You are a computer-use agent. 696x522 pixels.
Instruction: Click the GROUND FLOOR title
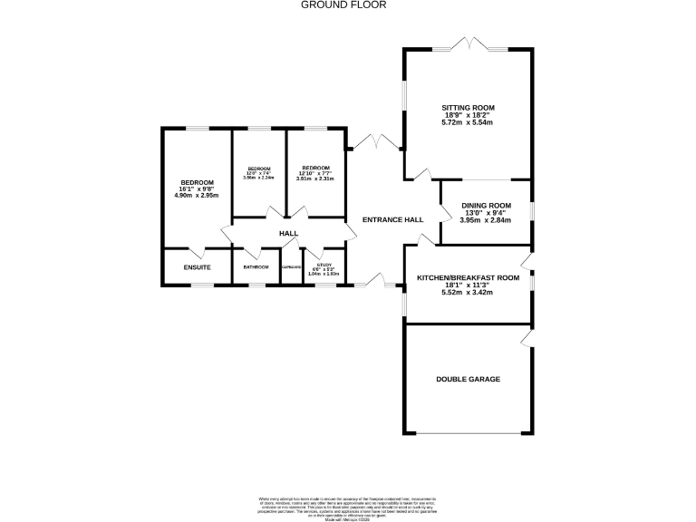tap(343, 5)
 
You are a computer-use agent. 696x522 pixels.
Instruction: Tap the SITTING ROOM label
tap(468, 108)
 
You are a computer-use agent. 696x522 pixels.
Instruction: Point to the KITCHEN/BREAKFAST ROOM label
tap(468, 277)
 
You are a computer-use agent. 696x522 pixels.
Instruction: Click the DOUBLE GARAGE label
tap(468, 379)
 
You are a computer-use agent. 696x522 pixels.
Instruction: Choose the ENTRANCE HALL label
tap(392, 220)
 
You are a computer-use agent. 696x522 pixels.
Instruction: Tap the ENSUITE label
tap(197, 267)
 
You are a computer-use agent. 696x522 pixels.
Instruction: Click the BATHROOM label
tap(256, 267)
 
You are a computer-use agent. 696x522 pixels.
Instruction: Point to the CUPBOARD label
tap(291, 267)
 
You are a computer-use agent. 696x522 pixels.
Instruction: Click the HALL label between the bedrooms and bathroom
tap(288, 234)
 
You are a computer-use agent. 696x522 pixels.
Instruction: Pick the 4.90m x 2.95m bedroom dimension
tap(197, 194)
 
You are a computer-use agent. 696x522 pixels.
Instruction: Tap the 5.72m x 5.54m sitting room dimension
tap(468, 122)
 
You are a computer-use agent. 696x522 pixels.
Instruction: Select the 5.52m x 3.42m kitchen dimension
tap(468, 292)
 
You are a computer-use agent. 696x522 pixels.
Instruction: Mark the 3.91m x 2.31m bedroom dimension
tap(315, 179)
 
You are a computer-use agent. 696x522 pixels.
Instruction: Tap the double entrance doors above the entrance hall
tap(374, 143)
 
